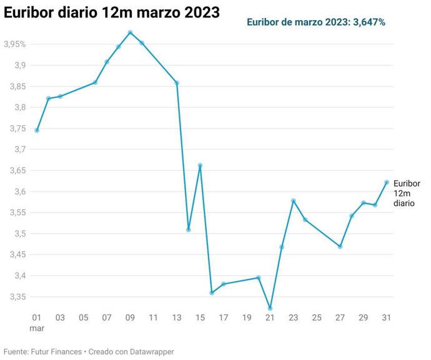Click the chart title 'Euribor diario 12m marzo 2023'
click(112, 13)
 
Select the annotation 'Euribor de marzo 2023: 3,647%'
click(315, 22)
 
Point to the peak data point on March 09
click(130, 32)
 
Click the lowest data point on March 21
click(270, 308)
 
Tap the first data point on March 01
click(37, 130)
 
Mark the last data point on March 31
click(387, 182)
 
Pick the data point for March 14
click(188, 230)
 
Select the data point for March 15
click(200, 165)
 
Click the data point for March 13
click(177, 83)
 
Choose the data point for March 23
click(293, 201)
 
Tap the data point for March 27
click(340, 246)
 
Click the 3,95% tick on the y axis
click(14, 44)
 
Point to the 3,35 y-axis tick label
click(16, 297)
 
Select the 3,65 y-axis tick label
click(16, 170)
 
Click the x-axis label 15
click(200, 318)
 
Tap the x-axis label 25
click(317, 318)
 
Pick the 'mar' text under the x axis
click(37, 328)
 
